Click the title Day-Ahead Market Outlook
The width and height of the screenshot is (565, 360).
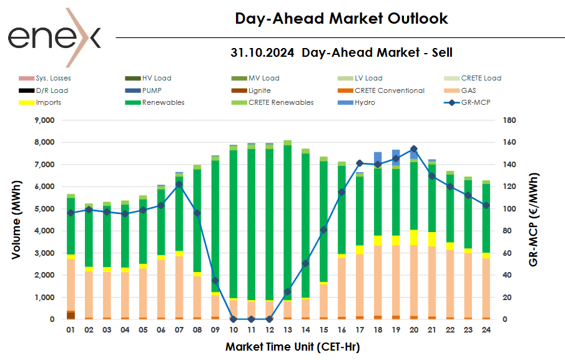pos(341,19)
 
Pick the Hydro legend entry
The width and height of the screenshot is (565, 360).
pos(365,102)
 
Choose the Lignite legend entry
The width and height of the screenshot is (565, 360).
pos(259,90)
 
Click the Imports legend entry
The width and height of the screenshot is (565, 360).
pos(48,102)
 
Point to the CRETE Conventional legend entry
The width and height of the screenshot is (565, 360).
pos(389,90)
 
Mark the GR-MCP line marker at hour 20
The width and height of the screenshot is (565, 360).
pos(414,149)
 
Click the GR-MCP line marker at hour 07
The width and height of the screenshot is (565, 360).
pos(179,184)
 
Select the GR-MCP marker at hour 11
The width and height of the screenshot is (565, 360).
pos(251,319)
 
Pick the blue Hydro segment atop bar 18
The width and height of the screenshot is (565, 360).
pos(378,158)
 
